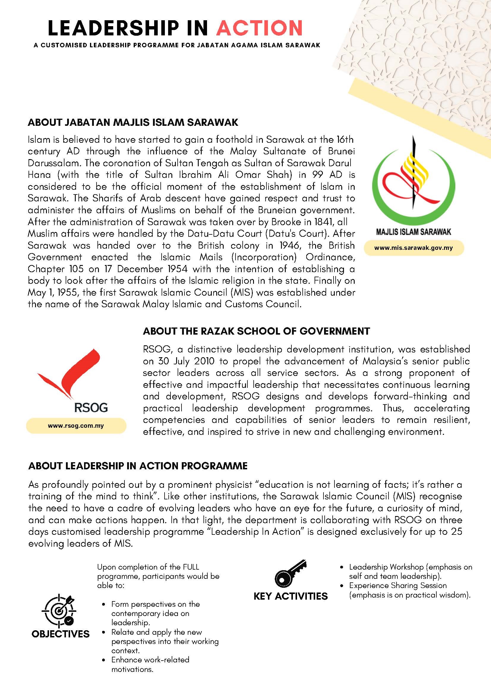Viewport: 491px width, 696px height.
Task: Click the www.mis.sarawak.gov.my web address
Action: tap(413, 248)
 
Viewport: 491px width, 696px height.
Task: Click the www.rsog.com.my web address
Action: tap(76, 426)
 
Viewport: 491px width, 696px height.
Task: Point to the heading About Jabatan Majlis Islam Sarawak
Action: tap(133, 123)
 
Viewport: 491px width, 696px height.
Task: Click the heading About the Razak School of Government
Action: tap(256, 331)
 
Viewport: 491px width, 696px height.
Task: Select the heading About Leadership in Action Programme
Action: tap(138, 465)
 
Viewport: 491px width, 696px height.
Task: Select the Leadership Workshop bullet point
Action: tap(410, 571)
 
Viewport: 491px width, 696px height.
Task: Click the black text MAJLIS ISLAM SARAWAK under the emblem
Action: tap(413, 232)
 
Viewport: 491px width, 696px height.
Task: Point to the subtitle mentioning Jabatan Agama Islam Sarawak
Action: tap(177, 46)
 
